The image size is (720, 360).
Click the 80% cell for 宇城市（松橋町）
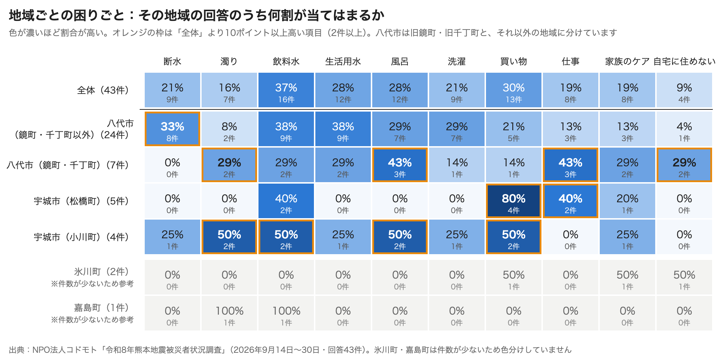tap(513, 201)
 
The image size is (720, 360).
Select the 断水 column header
tap(172, 62)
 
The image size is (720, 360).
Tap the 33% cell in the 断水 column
tap(172, 129)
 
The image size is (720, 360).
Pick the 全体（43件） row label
tap(103, 90)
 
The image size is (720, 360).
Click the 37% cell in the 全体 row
tap(286, 90)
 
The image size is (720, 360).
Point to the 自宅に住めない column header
tap(684, 62)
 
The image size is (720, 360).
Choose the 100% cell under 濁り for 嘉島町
tap(229, 313)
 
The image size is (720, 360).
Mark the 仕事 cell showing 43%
tap(571, 165)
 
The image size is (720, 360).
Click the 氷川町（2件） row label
tap(102, 271)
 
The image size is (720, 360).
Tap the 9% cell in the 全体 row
tap(684, 90)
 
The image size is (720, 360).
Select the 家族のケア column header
tap(627, 62)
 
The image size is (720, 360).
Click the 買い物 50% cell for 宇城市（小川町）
tap(513, 237)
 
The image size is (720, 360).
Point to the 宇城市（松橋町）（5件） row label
tap(81, 201)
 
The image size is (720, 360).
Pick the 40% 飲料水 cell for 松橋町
tap(286, 201)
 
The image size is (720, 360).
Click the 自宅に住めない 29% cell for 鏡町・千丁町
tap(684, 165)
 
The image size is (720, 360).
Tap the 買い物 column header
tap(513, 62)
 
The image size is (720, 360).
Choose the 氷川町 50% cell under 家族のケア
tap(627, 277)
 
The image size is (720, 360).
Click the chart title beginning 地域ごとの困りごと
tap(197, 15)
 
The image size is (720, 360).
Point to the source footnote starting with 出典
tap(290, 350)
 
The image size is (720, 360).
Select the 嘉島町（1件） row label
tap(102, 307)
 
